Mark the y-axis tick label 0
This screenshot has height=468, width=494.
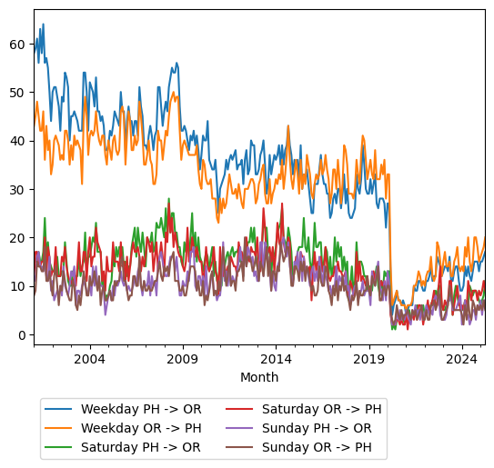point(22,334)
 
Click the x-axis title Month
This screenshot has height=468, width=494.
point(259,377)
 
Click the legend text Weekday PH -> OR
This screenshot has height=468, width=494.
point(141,409)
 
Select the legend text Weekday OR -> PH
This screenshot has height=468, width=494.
point(141,428)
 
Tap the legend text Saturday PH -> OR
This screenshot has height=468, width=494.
point(141,447)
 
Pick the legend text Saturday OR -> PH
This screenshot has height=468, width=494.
point(321,409)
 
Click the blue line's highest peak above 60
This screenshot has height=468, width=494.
point(43,25)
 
